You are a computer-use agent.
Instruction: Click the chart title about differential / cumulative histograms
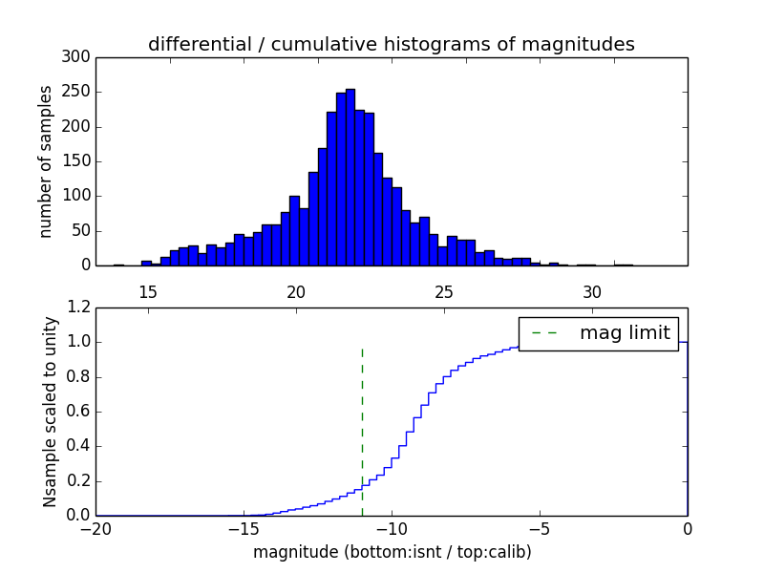(x=391, y=44)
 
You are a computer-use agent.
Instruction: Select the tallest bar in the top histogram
(x=350, y=177)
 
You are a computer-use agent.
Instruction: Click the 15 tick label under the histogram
(x=148, y=291)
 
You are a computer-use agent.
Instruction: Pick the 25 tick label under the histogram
(x=444, y=291)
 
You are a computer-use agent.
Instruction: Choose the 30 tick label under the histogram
(x=592, y=291)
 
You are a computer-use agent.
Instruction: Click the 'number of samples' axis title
(x=46, y=161)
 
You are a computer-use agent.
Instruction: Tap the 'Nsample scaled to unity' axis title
(x=50, y=412)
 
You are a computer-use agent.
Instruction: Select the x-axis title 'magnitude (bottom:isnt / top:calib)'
(x=392, y=552)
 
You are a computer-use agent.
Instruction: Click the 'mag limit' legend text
(x=625, y=333)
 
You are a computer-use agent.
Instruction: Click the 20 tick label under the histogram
(x=296, y=291)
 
